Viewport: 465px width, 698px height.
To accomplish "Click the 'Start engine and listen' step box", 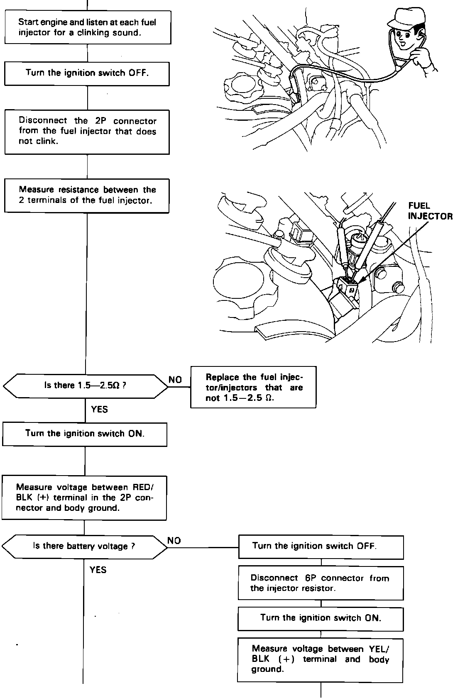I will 87,27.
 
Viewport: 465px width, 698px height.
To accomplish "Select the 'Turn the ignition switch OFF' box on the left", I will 87,73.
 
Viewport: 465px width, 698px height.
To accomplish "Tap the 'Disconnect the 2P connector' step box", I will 87,132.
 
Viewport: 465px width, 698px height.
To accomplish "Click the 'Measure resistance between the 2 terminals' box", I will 87,195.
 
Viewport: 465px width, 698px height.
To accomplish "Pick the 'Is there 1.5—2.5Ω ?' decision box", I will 86,386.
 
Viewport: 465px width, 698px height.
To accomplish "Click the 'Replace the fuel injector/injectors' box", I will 253,387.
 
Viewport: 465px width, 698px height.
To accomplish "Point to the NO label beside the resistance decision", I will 175,380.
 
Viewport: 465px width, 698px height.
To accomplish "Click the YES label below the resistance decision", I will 99,410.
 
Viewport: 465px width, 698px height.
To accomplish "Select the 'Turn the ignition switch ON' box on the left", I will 85,434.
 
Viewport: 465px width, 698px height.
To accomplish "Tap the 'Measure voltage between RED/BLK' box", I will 84,498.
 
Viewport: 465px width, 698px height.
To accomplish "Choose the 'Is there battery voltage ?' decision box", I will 84,547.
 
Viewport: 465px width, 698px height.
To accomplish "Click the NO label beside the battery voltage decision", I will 174,540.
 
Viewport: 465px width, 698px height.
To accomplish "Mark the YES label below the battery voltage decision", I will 98,570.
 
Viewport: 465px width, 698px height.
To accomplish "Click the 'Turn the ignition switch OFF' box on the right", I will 321,547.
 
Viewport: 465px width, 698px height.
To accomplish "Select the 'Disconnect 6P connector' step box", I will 321,583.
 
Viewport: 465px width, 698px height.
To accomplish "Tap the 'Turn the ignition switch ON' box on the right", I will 321,618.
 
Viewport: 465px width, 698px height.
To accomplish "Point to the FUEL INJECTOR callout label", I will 430,211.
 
